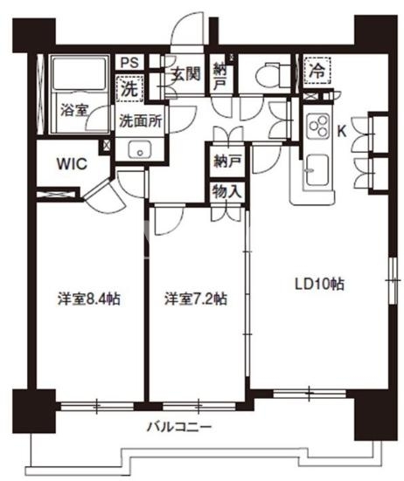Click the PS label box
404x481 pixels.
[130, 63]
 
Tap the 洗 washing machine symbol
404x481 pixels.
[130, 89]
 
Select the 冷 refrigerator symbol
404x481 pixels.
[317, 71]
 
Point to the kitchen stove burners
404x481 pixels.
[318, 126]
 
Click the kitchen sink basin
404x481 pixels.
[317, 170]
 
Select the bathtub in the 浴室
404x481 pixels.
[80, 74]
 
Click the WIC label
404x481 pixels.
[73, 164]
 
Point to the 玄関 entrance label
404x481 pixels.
[185, 74]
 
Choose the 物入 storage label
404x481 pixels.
[227, 192]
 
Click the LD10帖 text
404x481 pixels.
[319, 284]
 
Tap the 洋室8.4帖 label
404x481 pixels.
[89, 299]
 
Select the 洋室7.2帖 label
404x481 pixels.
[196, 299]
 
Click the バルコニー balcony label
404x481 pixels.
[179, 426]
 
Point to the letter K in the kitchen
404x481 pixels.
[342, 132]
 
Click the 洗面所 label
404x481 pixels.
[141, 121]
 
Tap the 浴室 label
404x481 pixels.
[74, 110]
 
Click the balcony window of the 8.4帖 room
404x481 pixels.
[97, 406]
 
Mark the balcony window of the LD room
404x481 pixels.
[310, 393]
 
